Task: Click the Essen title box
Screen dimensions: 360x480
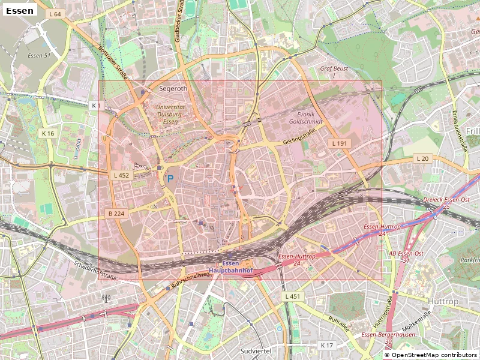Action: click(x=19, y=10)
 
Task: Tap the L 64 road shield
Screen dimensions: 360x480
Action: click(x=55, y=14)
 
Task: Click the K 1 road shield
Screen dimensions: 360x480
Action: click(x=95, y=106)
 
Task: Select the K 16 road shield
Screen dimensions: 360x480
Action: click(x=48, y=133)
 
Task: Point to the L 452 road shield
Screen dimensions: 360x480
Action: click(x=121, y=175)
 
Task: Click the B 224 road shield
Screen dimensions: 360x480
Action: click(x=116, y=214)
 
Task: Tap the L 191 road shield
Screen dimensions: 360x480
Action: click(x=340, y=143)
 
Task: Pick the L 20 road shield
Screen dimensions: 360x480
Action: click(x=422, y=158)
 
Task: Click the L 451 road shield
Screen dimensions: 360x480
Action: click(x=292, y=296)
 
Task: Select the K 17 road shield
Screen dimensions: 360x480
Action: click(x=326, y=345)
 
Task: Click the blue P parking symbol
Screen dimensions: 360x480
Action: click(x=170, y=178)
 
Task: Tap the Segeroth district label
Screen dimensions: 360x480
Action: click(x=173, y=88)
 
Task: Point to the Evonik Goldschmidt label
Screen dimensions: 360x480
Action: click(x=310, y=118)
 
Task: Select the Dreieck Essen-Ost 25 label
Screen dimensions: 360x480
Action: click(x=445, y=203)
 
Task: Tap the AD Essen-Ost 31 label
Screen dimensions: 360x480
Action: click(x=407, y=256)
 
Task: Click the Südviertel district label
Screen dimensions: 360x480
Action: click(x=256, y=350)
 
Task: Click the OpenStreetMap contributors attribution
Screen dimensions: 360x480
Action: click(x=431, y=355)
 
